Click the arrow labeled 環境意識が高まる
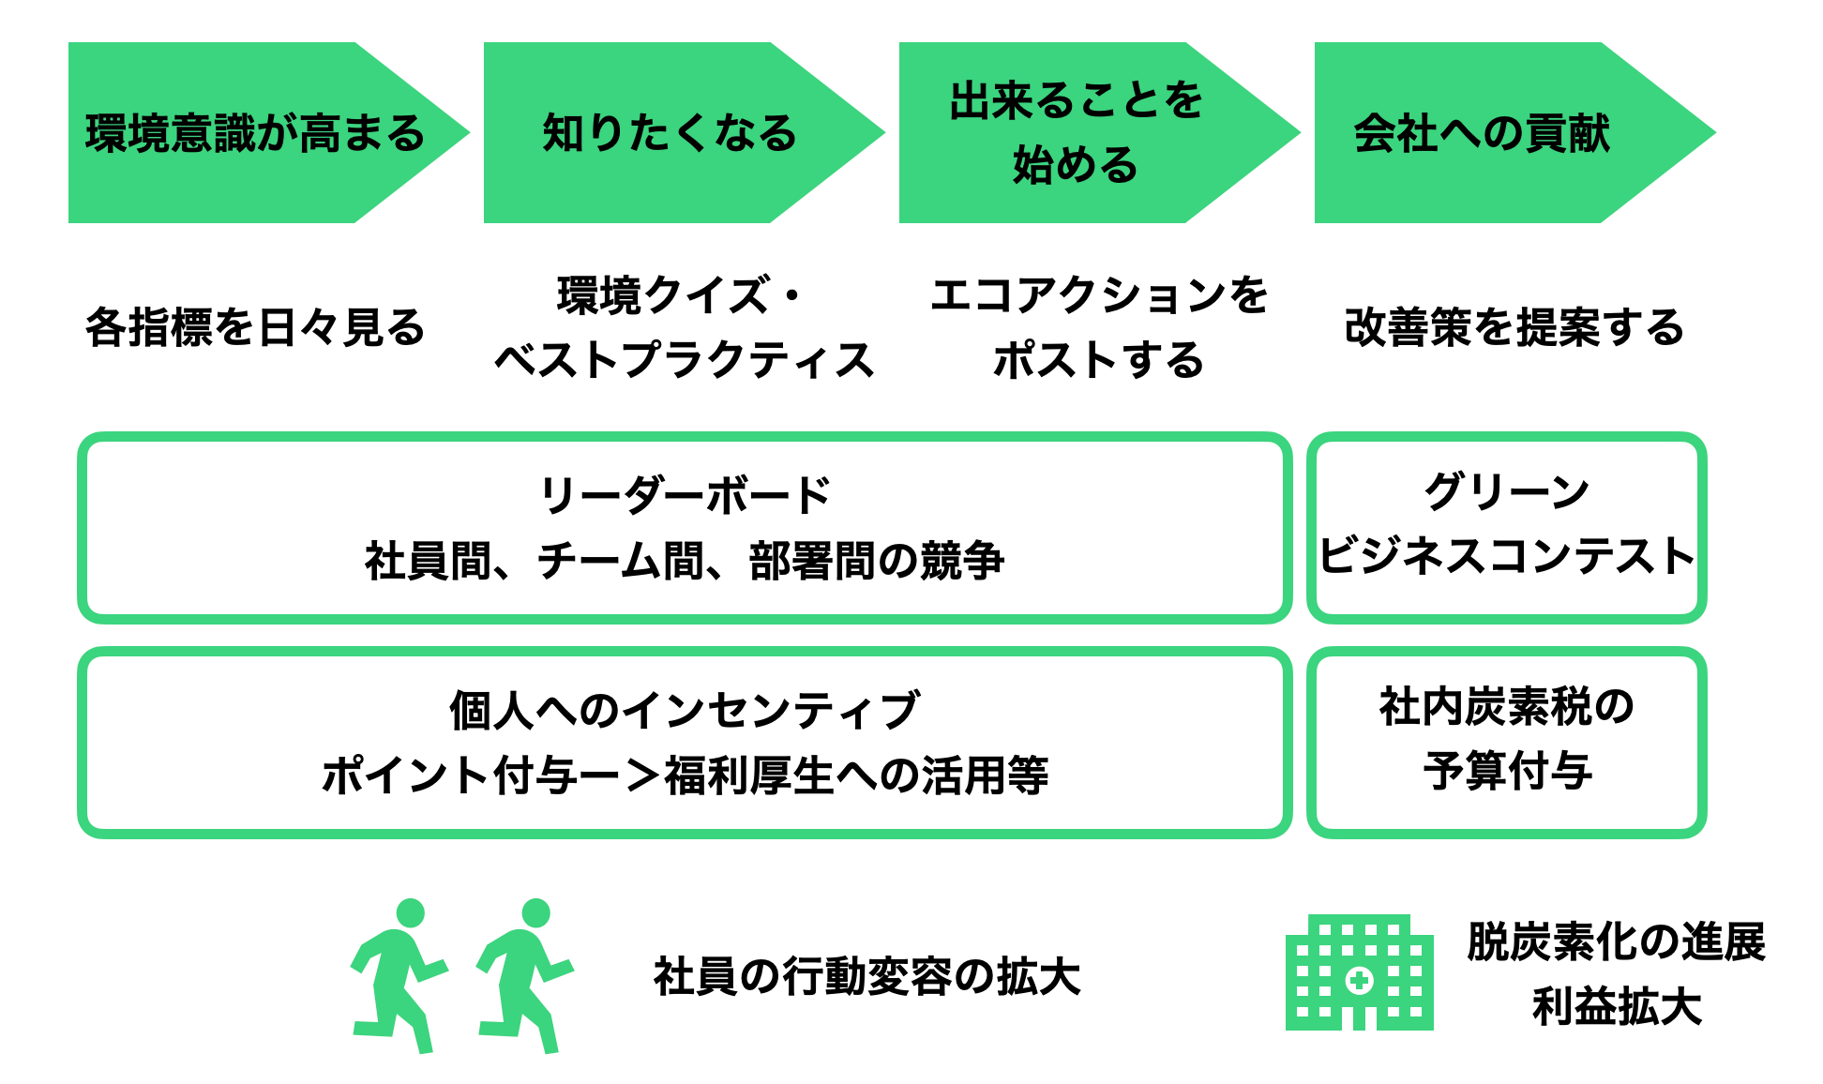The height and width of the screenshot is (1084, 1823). pos(255,133)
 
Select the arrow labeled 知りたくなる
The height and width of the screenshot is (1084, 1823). pos(670,133)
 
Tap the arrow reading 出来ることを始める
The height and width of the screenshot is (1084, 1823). pos(1077,133)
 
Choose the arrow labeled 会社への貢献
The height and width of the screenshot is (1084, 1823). pos(1482,133)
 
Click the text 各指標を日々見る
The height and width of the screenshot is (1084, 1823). pos(255,327)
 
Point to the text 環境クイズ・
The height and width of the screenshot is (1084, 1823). pos(681,295)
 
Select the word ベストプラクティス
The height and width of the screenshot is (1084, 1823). pos(685,360)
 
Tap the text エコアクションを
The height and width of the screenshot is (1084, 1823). pos(1099,295)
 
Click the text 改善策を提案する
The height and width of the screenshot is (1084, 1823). pos(1514,327)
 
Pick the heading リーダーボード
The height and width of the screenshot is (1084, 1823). pos(685,495)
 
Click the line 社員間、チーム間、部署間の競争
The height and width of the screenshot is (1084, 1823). pos(685,561)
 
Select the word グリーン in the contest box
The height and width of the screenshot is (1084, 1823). pos(1506,491)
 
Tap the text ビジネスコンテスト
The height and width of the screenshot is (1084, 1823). pos(1506,555)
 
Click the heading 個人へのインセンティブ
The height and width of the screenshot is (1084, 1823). pos(685,710)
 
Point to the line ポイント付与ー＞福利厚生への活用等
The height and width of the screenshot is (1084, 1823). pos(685,775)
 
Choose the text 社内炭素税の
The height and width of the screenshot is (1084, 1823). pos(1506,706)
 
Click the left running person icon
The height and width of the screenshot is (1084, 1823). pos(398,975)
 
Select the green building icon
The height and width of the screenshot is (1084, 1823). pos(1359,973)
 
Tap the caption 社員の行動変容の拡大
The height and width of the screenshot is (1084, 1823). pos(867,976)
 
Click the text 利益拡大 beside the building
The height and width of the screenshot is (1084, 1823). pos(1617,1007)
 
